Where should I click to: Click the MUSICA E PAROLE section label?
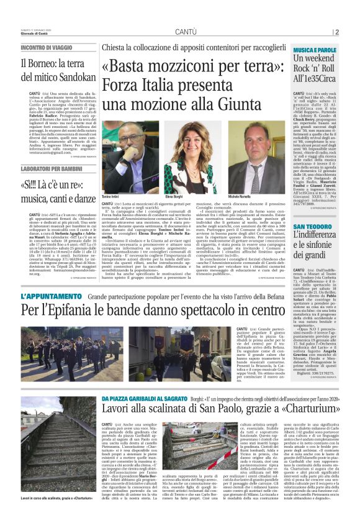(315, 48)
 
